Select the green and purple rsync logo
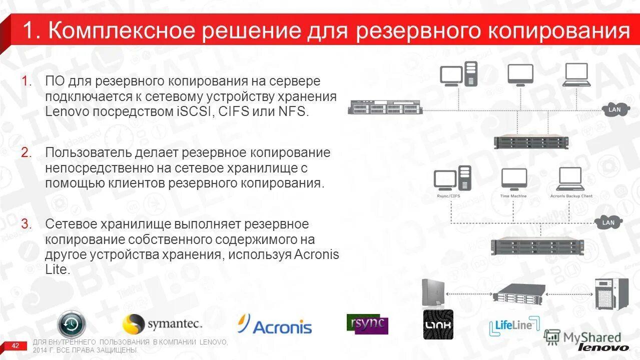pos(367,324)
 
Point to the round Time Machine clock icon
pos(72,324)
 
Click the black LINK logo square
pos(438,324)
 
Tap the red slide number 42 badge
pos(15,345)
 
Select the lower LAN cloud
pos(608,222)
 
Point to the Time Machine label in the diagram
pos(513,196)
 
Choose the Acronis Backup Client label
pos(571,196)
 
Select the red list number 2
pos(26,152)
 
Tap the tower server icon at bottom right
pos(611,294)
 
